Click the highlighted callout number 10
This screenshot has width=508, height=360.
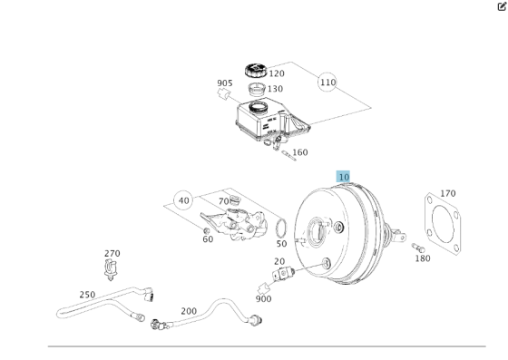tap(343, 177)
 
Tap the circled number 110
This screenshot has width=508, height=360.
tap(327, 83)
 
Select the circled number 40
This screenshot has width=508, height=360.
tap(183, 200)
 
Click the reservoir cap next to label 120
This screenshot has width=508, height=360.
tap(255, 71)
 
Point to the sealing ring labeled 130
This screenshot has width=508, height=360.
tap(257, 90)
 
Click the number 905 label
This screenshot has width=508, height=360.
tap(225, 83)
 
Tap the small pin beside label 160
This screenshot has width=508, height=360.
tap(288, 155)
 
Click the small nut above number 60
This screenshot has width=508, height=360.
tap(206, 231)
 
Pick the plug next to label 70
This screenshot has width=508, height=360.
tap(235, 200)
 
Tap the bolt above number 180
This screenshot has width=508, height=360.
tap(418, 248)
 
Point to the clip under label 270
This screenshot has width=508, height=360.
tap(111, 269)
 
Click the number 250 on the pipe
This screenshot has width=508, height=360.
tap(87, 295)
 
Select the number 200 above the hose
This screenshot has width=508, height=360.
tap(189, 311)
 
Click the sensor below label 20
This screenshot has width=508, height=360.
tap(283, 274)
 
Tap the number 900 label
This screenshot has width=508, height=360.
tap(263, 299)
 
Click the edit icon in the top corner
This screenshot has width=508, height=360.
tap(502, 6)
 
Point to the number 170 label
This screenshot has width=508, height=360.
tap(448, 193)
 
